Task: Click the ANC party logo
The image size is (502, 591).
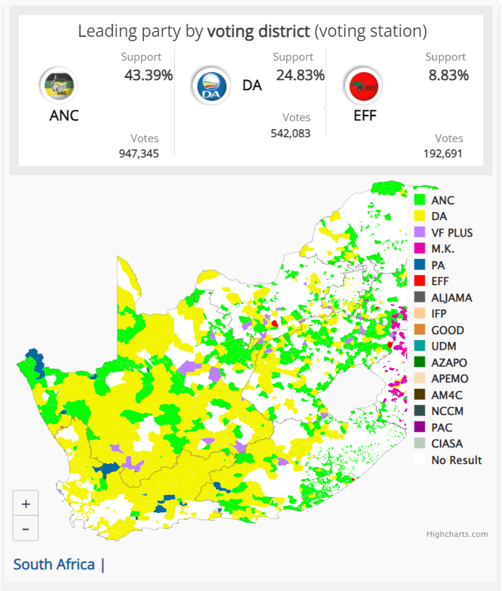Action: click(58, 85)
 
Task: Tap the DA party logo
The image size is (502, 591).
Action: click(210, 85)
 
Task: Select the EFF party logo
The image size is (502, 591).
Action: click(363, 85)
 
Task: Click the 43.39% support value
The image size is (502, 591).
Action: click(148, 75)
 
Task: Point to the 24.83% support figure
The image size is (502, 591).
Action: click(300, 75)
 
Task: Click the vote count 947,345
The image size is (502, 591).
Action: click(139, 153)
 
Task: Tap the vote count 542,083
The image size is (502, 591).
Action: click(290, 133)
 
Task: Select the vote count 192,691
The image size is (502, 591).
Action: click(443, 153)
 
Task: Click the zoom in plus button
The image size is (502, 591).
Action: click(26, 503)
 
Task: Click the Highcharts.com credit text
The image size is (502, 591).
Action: click(456, 534)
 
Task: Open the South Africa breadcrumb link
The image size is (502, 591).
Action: click(54, 564)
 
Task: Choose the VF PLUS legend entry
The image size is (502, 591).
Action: click(451, 233)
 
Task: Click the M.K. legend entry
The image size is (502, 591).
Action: click(443, 249)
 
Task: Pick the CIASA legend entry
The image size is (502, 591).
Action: click(447, 443)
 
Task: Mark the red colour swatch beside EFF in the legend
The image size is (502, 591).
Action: click(420, 281)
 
